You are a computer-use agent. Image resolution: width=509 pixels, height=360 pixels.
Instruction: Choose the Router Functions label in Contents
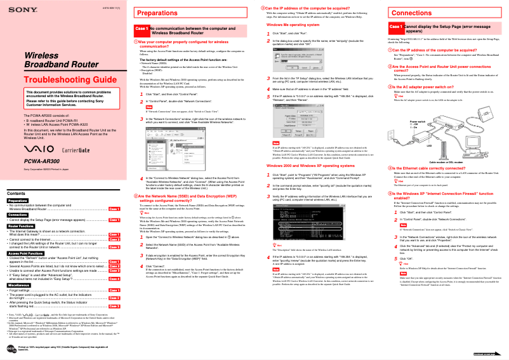(x=21, y=226)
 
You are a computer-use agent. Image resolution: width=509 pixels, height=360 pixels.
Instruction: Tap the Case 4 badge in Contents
(x=114, y=279)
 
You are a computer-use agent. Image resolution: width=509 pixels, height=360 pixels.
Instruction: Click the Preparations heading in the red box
(x=153, y=13)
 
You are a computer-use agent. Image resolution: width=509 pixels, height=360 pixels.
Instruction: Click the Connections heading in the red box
(x=411, y=13)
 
